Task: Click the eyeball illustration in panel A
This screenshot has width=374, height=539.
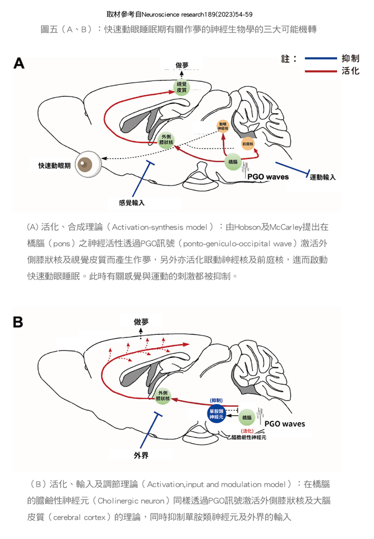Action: coord(89,165)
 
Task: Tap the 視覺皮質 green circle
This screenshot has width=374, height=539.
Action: coord(182,88)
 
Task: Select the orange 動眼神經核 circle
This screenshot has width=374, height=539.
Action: coord(223,126)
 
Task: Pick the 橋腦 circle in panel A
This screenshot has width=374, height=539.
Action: coord(233,162)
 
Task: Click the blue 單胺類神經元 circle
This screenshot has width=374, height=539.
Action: coord(217,414)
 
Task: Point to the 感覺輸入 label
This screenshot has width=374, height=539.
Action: coord(132,203)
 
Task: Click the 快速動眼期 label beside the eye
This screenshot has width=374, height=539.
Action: coord(54,165)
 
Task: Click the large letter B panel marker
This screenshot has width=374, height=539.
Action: coord(18,322)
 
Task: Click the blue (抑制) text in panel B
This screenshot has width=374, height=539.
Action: coord(216,400)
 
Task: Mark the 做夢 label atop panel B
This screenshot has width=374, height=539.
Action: coord(141,322)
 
